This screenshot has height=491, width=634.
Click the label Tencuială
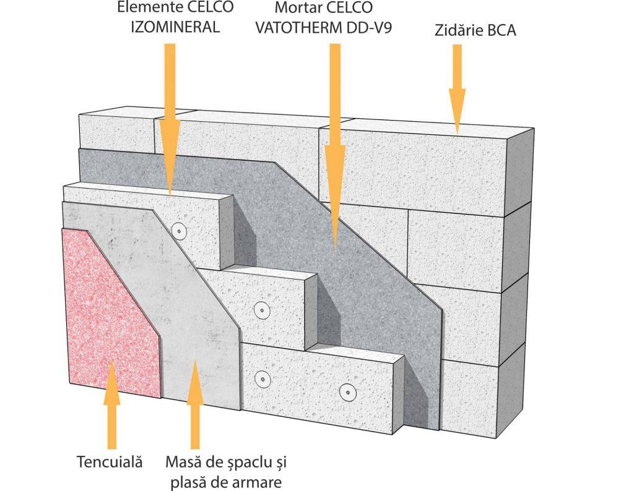(x=110, y=461)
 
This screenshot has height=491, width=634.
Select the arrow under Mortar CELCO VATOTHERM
(x=334, y=142)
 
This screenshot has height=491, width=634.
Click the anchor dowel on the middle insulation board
(x=262, y=309)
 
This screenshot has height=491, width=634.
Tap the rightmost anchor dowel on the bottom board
(x=347, y=391)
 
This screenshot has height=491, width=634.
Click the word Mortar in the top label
(x=293, y=9)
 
